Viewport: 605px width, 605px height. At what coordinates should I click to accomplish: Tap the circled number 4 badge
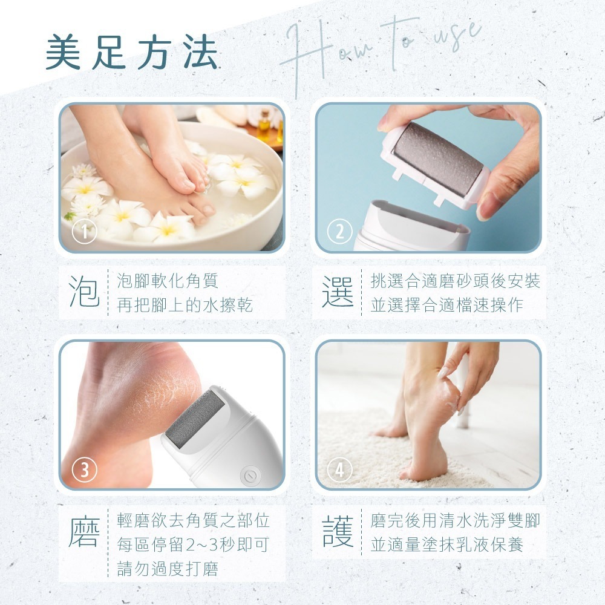pos(339,470)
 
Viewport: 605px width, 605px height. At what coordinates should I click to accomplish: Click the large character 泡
pos(84,292)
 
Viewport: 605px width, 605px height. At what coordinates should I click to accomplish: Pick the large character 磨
pos(84,532)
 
